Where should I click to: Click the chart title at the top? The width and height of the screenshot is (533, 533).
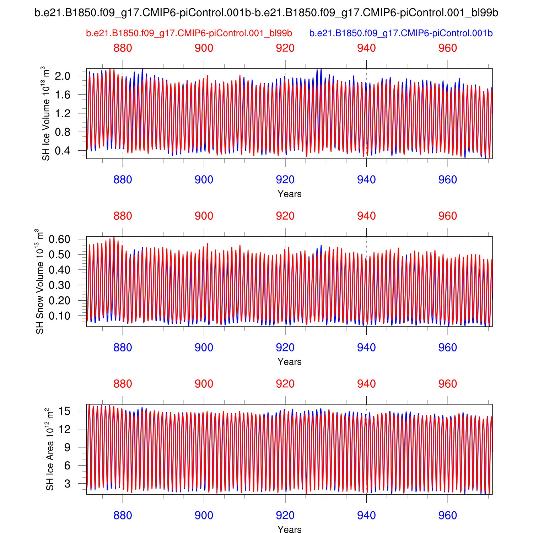point(266,13)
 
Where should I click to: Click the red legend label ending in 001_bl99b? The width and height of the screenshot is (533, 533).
point(189,33)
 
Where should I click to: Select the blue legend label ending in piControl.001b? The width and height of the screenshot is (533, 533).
point(401,33)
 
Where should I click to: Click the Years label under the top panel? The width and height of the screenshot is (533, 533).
point(290,194)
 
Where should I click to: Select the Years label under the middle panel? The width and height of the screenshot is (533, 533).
point(290,362)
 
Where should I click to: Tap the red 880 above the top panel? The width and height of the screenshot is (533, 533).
point(123,48)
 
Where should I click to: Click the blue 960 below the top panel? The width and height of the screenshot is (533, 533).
point(447,180)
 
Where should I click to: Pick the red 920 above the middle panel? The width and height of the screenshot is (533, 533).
point(285,216)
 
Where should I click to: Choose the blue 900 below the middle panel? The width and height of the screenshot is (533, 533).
point(204,348)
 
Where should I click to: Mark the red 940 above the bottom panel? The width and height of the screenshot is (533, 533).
point(366,384)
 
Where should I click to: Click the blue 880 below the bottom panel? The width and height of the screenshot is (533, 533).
point(123,515)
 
